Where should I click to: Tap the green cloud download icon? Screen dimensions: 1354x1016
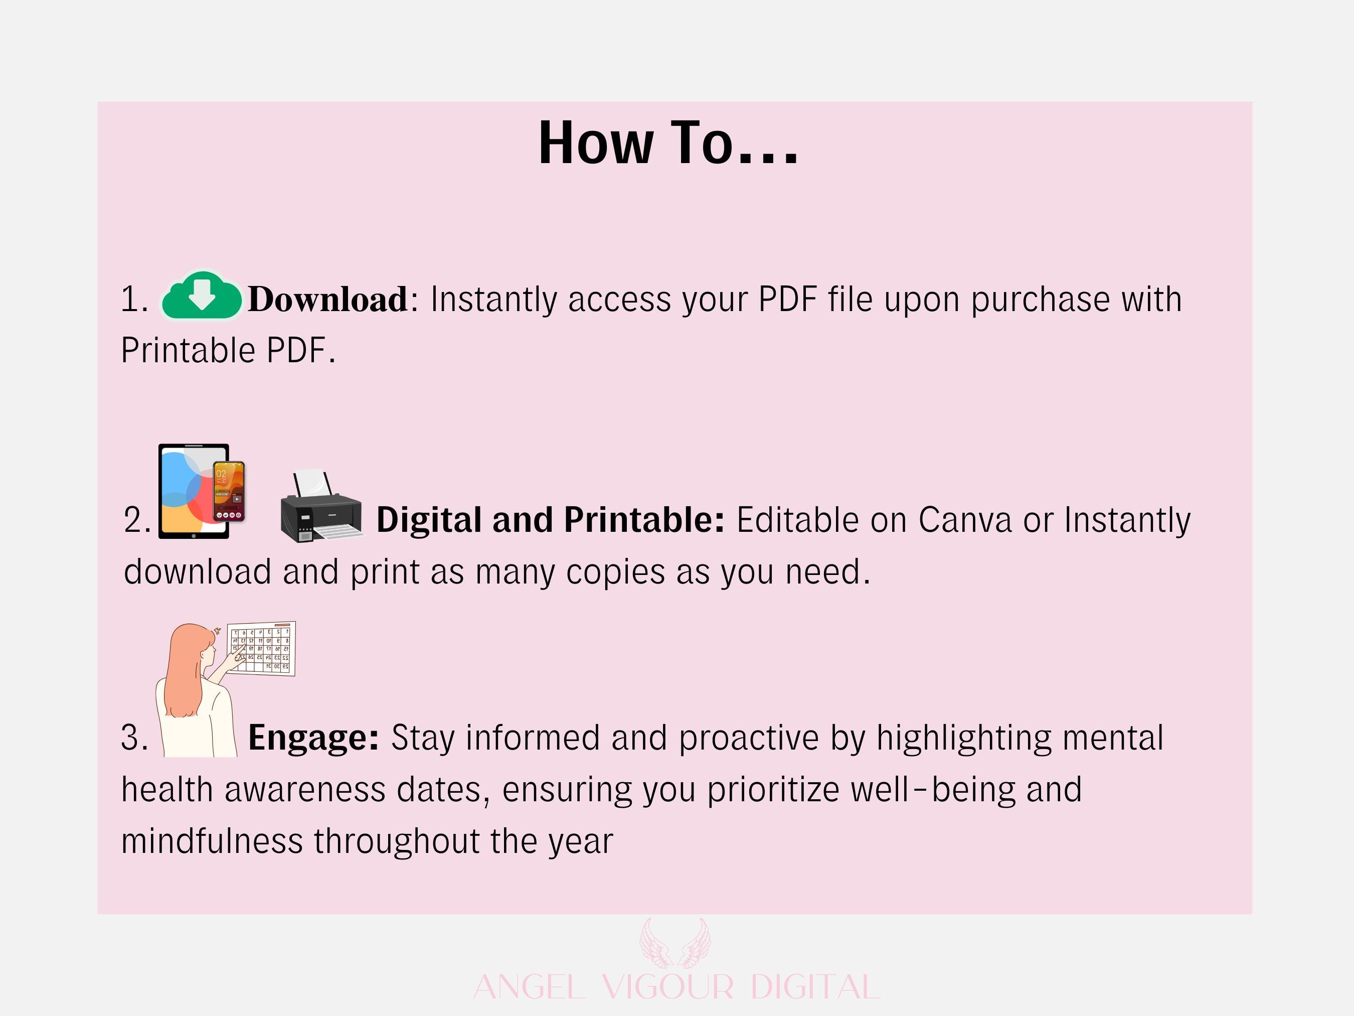[202, 296]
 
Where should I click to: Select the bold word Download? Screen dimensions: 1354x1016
[327, 300]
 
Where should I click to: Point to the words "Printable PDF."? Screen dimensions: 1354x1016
[228, 351]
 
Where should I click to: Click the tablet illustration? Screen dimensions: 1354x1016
[194, 492]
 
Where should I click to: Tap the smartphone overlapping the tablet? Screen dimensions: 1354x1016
[229, 492]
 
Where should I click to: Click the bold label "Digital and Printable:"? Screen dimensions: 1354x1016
[550, 520]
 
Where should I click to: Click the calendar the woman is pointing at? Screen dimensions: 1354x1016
[261, 649]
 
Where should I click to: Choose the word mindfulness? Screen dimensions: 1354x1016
[212, 841]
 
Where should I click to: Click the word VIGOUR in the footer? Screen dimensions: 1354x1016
[667, 987]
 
